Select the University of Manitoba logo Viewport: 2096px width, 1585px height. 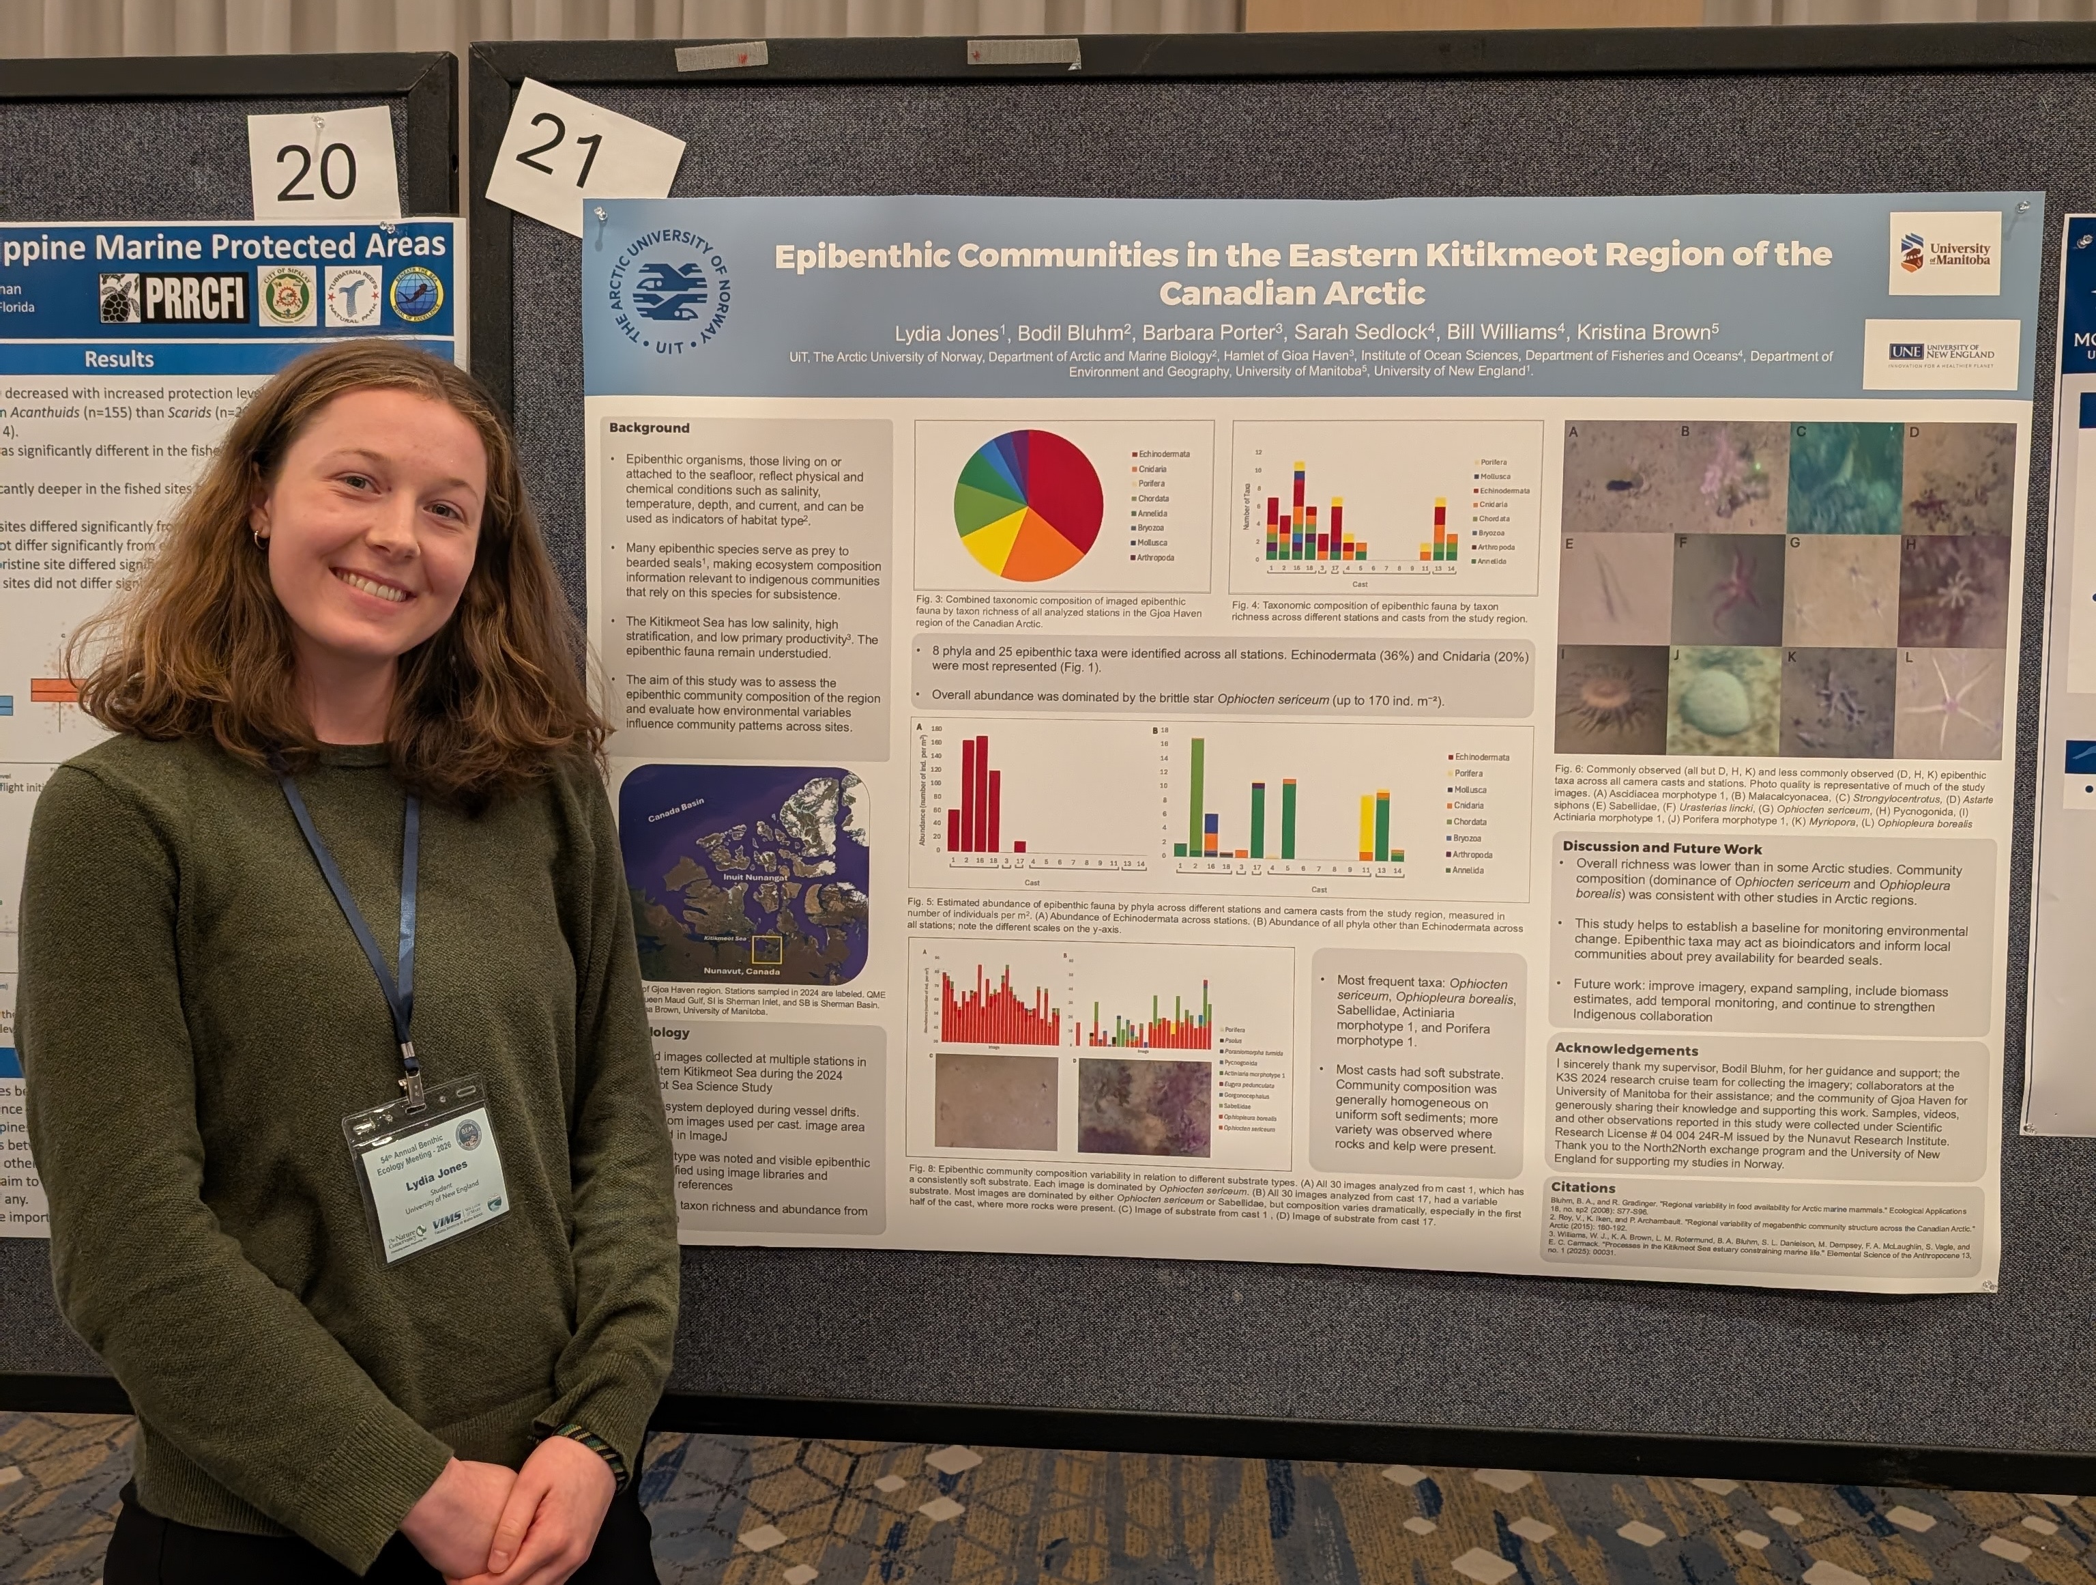(1945, 253)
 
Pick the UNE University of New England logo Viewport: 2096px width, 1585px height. (1940, 354)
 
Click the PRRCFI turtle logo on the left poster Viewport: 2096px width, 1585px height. (173, 298)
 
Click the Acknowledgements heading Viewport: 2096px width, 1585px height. (1626, 1049)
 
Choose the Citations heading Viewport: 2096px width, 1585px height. (1582, 1187)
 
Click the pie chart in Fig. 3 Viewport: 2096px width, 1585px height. (1028, 504)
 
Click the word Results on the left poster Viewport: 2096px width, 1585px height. (119, 359)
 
